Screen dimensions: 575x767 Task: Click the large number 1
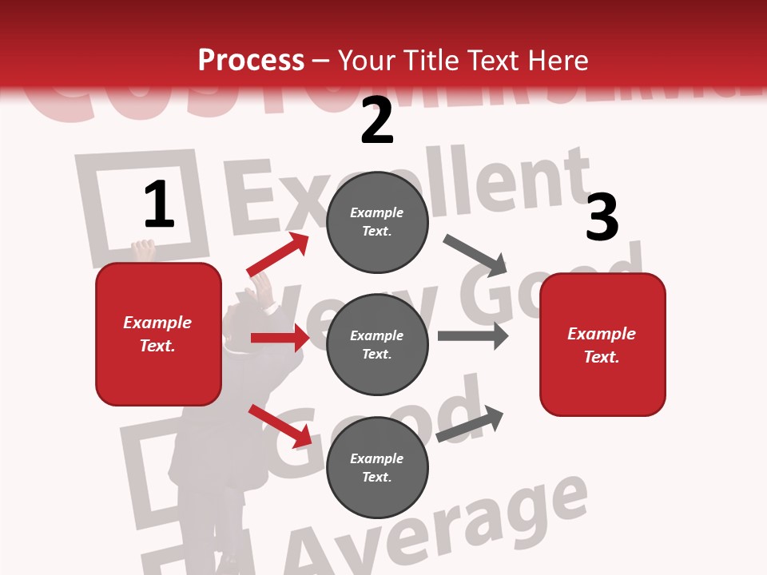[159, 205]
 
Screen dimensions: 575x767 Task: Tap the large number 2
[377, 121]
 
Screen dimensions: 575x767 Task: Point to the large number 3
[602, 218]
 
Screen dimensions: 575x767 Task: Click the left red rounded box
[158, 334]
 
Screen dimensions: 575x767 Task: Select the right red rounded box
[602, 345]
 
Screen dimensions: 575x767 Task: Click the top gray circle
[377, 222]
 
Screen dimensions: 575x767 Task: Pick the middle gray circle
[377, 345]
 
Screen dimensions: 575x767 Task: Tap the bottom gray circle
[377, 468]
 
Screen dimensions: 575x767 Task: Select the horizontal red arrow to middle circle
[280, 338]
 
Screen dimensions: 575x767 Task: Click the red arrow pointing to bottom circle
[280, 426]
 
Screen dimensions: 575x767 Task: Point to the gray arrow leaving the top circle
[475, 254]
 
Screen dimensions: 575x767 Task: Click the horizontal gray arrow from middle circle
[472, 335]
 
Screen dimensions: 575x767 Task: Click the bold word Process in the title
[251, 61]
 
